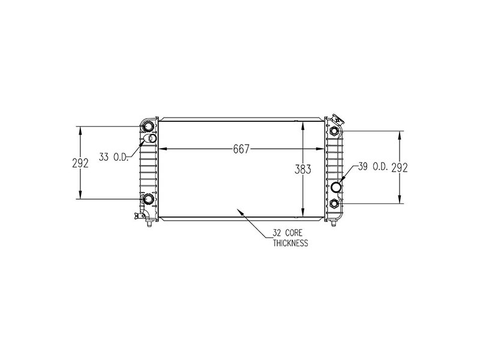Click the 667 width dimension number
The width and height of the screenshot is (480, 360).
(240, 149)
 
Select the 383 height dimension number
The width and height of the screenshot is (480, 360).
(304, 170)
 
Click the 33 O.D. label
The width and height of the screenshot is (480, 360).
(113, 157)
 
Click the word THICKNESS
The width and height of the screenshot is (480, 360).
(290, 244)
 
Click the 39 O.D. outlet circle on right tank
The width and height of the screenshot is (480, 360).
(337, 187)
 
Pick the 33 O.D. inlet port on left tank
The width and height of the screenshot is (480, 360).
(152, 139)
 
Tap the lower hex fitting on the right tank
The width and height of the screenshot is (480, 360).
(333, 203)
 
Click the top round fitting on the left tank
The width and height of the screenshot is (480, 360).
(148, 127)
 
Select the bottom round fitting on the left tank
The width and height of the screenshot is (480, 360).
(148, 199)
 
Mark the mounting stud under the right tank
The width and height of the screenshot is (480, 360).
(333, 224)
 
